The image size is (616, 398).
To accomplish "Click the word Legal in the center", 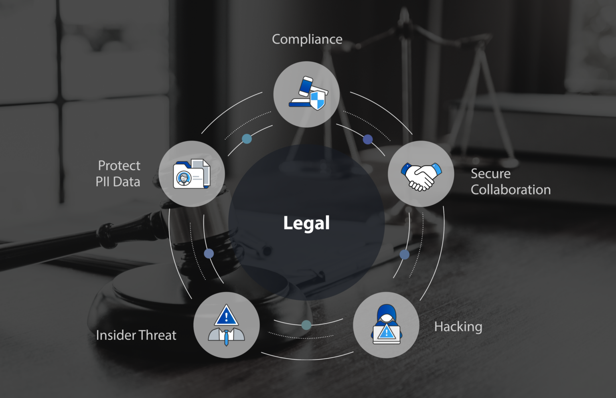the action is coord(306,223).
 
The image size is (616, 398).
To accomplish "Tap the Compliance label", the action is coord(307,39).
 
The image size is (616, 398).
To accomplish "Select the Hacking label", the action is coord(458,327).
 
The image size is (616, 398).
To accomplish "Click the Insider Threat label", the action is coord(136,335).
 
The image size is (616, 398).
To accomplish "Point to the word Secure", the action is coord(490,174).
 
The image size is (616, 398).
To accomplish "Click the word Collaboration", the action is coord(511,190).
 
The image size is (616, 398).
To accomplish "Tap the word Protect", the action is coord(119,166).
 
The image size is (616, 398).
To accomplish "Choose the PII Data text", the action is coord(118,182).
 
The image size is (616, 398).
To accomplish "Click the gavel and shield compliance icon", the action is coord(308,93).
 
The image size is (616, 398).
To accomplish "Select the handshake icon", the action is coord(421,176).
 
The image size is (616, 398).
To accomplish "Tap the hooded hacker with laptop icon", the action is coord(386,324).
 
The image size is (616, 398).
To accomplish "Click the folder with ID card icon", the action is coord(192,174).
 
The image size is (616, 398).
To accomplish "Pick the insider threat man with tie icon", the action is coord(226,325).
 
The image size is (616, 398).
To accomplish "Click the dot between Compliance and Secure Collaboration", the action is coord(368,139).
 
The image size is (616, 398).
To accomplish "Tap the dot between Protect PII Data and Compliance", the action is coord(247,139).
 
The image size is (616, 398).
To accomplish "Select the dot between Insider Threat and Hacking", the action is coord(306,325).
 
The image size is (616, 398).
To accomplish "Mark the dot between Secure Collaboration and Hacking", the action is coord(404,255).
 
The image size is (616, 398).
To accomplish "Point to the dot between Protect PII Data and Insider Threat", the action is coord(209,253).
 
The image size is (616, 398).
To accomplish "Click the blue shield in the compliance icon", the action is coord(317,100).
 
